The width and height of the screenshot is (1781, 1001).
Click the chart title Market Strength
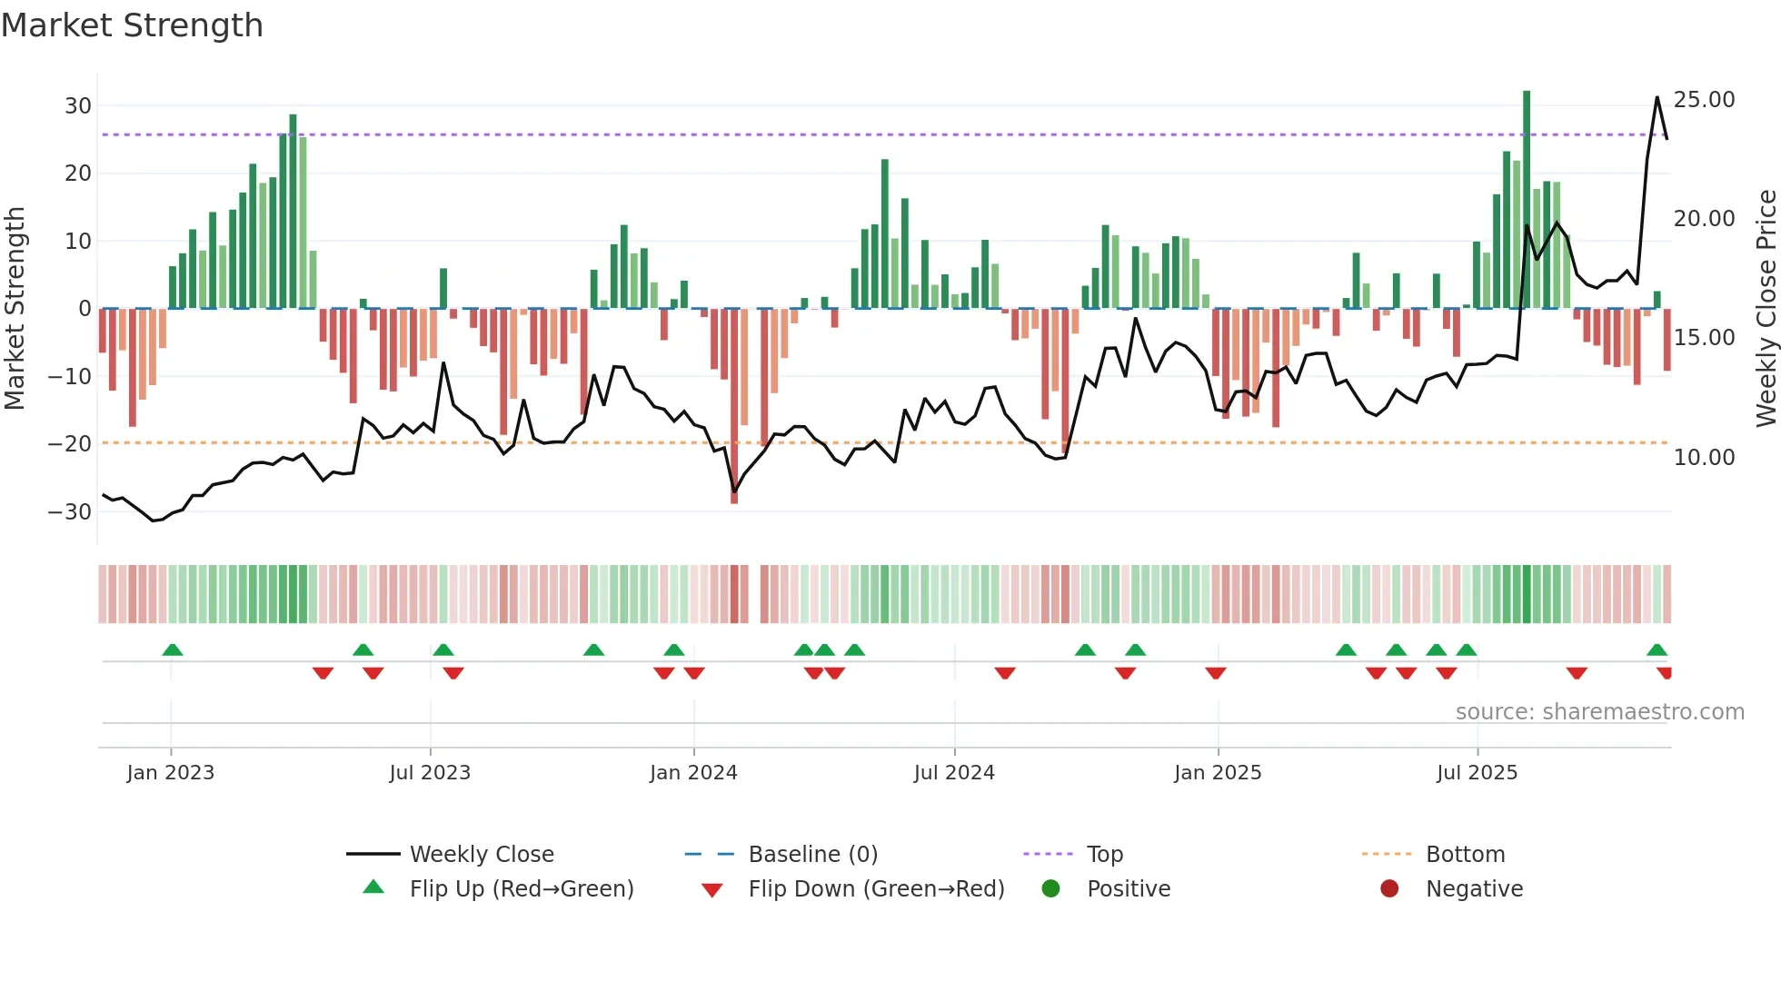click(x=133, y=25)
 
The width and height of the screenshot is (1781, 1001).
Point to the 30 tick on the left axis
click(x=78, y=105)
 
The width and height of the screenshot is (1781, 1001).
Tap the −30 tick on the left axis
click(x=70, y=511)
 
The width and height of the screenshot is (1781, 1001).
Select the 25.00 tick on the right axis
click(x=1704, y=99)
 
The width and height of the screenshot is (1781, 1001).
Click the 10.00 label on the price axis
click(x=1704, y=457)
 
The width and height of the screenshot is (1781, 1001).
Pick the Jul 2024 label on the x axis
click(x=953, y=773)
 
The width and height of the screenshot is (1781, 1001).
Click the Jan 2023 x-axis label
click(x=170, y=773)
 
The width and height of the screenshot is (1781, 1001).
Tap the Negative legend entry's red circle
click(x=1388, y=889)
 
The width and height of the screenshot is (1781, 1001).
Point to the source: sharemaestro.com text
click(x=1599, y=712)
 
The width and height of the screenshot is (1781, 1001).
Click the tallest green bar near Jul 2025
click(x=1527, y=200)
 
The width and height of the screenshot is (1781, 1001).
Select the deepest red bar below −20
click(x=734, y=409)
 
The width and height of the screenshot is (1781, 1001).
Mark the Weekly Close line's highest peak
click(x=1657, y=97)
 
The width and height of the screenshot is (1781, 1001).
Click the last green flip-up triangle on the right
click(x=1657, y=650)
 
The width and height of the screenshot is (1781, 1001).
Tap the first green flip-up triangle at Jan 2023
click(x=173, y=650)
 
